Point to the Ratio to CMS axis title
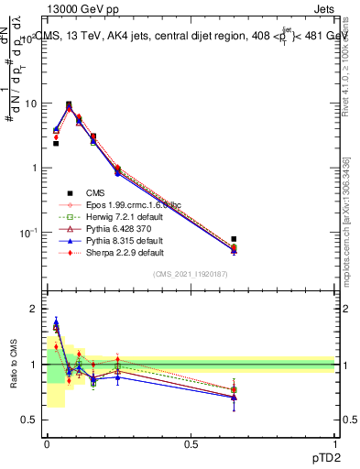pos(13,365)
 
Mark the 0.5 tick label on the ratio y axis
pos(29,420)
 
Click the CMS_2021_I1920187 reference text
pos(191,274)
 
